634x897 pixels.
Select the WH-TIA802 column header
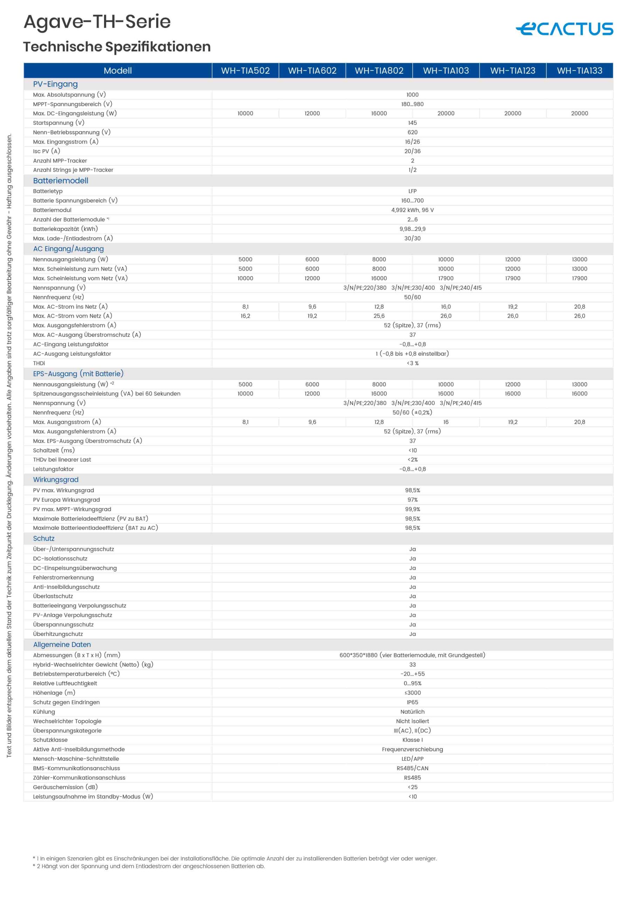pyautogui.click(x=379, y=71)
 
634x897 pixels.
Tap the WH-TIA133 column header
pyautogui.click(x=579, y=71)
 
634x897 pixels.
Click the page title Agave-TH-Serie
pyautogui.click(x=97, y=21)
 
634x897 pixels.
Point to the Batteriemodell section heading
pyautogui.click(x=61, y=180)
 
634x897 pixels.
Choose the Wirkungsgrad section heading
pyautogui.click(x=55, y=479)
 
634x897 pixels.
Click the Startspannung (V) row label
pyautogui.click(x=58, y=123)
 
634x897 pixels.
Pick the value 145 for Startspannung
pyautogui.click(x=412, y=123)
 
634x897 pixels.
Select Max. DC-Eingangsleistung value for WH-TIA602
pyautogui.click(x=312, y=113)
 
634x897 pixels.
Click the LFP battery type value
pyautogui.click(x=412, y=191)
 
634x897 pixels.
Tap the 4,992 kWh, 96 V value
pyautogui.click(x=412, y=210)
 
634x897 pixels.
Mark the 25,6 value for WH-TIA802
pyautogui.click(x=379, y=316)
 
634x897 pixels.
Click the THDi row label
pyautogui.click(x=39, y=363)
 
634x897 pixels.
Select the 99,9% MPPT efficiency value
pyautogui.click(x=412, y=509)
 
